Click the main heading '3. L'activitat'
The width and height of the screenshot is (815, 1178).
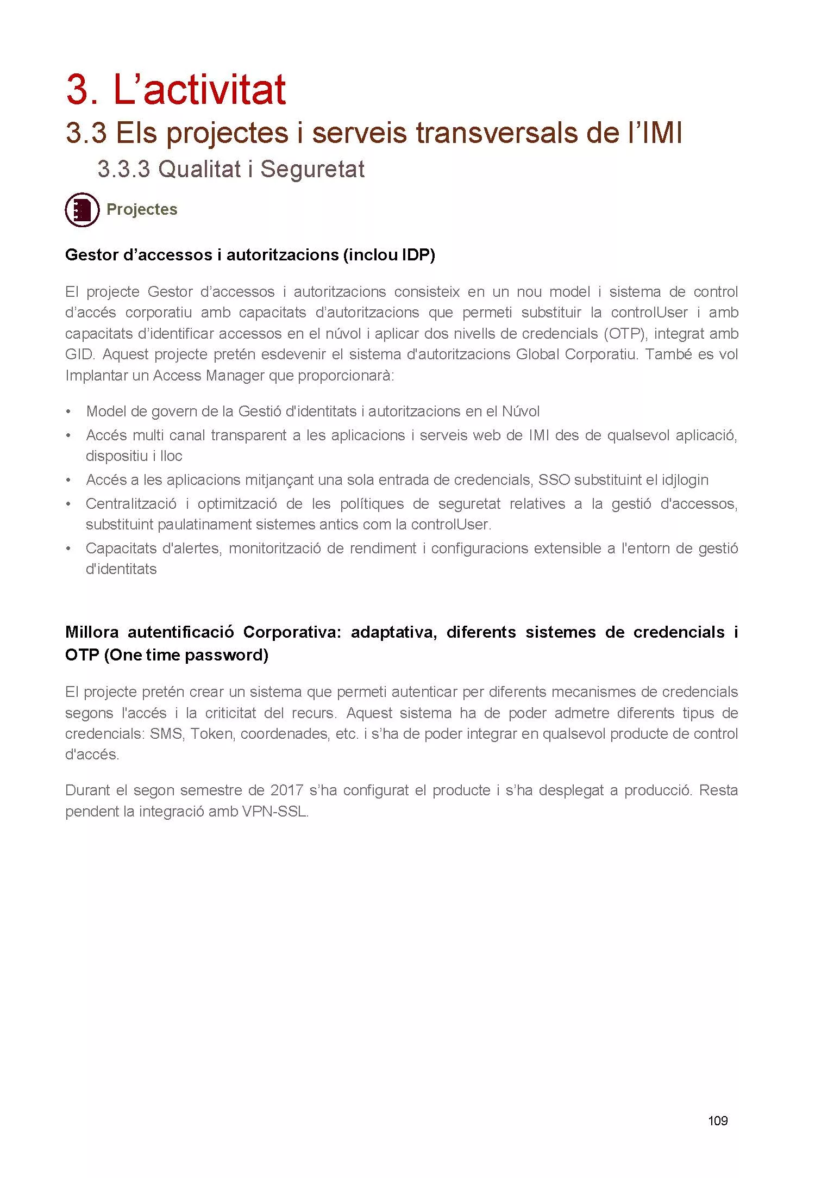175,90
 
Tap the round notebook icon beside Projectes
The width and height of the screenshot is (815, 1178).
82,209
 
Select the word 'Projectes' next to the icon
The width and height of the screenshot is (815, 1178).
142,210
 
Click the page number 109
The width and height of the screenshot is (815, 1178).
718,1120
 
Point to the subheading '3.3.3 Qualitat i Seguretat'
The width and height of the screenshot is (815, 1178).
231,169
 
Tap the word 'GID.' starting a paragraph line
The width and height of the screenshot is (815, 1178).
80,354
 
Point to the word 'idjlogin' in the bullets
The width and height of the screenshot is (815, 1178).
685,480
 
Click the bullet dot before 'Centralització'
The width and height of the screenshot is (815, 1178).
68,504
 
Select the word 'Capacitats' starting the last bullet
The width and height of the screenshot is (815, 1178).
121,549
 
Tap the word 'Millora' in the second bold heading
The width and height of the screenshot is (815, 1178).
92,632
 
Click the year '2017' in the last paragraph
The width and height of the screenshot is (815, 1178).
286,790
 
